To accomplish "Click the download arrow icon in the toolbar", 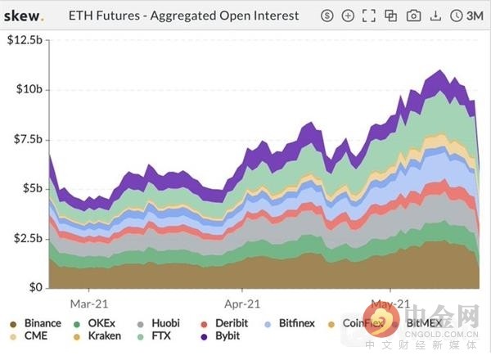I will (x=435, y=16).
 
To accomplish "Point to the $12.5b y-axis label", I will (x=26, y=41).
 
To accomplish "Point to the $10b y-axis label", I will (x=30, y=88).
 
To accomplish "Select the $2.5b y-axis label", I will (x=28, y=237).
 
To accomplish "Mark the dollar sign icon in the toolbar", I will (x=327, y=16).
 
